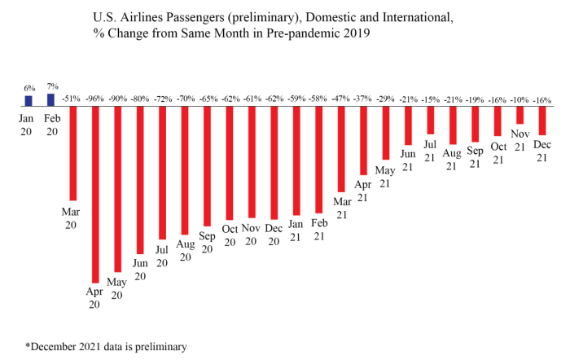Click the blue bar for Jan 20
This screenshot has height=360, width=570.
(28, 101)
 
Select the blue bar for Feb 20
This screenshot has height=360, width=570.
(50, 100)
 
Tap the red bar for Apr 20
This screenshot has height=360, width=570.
(95, 195)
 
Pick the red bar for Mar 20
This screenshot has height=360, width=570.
(73, 153)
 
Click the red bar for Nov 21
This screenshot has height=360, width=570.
(520, 115)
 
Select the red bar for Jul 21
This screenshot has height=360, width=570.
(431, 120)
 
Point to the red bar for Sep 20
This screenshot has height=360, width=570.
(207, 166)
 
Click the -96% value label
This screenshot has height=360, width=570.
(95, 99)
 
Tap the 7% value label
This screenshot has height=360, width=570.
(53, 86)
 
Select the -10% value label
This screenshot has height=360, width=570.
(520, 99)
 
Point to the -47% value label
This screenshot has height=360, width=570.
(340, 99)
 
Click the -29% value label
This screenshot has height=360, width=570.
(385, 99)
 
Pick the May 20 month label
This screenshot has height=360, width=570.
(116, 288)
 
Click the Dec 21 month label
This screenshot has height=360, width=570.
(542, 151)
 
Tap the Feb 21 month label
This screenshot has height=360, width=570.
(319, 230)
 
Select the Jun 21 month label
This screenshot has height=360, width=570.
(408, 160)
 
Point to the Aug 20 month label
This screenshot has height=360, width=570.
(186, 251)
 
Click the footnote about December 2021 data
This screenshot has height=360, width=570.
(106, 346)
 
